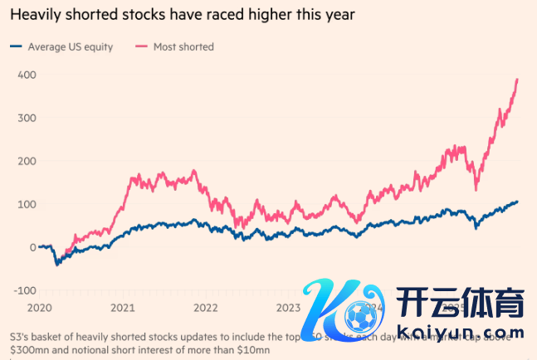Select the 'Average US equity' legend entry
tap(70, 46)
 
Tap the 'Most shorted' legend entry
tap(183, 46)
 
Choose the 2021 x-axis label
tap(123, 307)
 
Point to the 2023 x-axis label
tap(288, 307)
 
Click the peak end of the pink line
tap(518, 80)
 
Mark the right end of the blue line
tap(518, 202)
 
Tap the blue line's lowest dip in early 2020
tap(56, 265)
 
